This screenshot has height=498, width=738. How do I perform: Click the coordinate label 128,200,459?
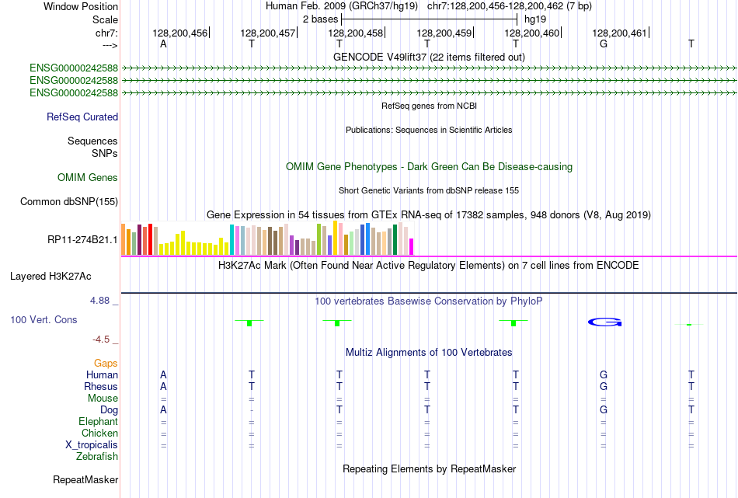pyautogui.click(x=444, y=33)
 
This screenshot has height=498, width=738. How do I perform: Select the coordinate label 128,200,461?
pyautogui.click(x=619, y=33)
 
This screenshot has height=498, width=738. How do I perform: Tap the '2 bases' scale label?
pyautogui.click(x=319, y=18)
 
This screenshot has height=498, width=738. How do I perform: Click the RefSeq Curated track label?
pyautogui.click(x=82, y=117)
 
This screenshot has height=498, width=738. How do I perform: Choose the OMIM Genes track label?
pyautogui.click(x=88, y=178)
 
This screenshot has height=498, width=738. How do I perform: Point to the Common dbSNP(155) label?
pyautogui.click(x=69, y=202)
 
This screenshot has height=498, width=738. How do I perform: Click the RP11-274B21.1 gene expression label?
pyautogui.click(x=82, y=239)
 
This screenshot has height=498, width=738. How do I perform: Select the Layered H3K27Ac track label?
pyautogui.click(x=50, y=276)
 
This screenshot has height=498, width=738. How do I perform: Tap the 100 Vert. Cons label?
pyautogui.click(x=44, y=319)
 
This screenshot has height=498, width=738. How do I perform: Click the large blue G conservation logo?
pyautogui.click(x=604, y=322)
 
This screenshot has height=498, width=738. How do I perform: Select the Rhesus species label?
pyautogui.click(x=101, y=386)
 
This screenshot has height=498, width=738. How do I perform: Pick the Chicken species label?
pyautogui.click(x=99, y=433)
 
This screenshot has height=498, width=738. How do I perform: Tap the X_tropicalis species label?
pyautogui.click(x=92, y=444)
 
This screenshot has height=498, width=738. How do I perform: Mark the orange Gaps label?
pyautogui.click(x=106, y=363)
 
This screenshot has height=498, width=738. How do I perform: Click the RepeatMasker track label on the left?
pyautogui.click(x=85, y=480)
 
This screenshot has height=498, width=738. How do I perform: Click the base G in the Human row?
pyautogui.click(x=604, y=374)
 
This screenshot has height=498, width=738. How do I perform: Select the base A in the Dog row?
pyautogui.click(x=163, y=409)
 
